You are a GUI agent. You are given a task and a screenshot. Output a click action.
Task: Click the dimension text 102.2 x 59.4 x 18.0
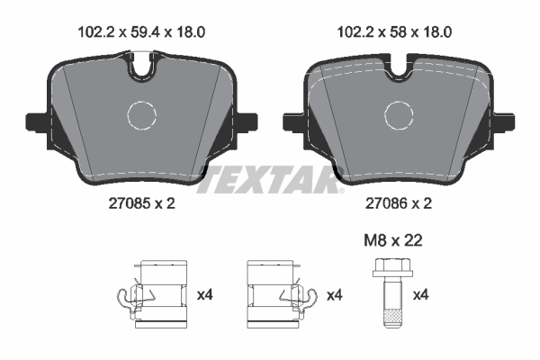141,32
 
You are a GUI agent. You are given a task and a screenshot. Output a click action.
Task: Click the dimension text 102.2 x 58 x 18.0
394,32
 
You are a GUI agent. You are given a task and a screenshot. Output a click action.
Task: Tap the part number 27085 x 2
142,203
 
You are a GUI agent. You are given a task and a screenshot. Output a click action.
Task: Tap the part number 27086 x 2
399,203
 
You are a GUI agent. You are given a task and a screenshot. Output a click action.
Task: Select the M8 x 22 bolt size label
393,240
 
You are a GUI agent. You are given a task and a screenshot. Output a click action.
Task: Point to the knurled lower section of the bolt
392,315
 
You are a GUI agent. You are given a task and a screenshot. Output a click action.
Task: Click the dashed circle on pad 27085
141,115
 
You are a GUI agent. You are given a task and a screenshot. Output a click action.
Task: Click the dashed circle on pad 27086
399,115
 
